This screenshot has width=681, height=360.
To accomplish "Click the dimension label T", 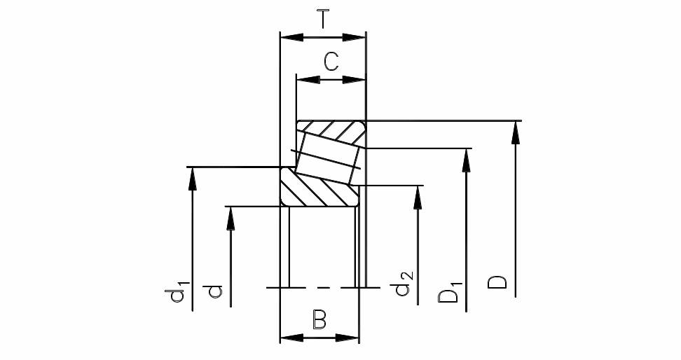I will [x=323, y=19].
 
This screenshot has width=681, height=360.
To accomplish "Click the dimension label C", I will [x=331, y=62].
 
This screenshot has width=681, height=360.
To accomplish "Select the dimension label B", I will [x=319, y=320].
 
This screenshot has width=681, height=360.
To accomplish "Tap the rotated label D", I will [x=498, y=283].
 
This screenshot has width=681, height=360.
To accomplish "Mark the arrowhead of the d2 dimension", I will [x=418, y=196].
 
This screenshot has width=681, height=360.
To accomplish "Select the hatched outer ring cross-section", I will [x=331, y=130].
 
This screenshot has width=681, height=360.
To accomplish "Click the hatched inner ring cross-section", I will [x=315, y=190].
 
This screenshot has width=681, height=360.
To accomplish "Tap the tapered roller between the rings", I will [x=327, y=158].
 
